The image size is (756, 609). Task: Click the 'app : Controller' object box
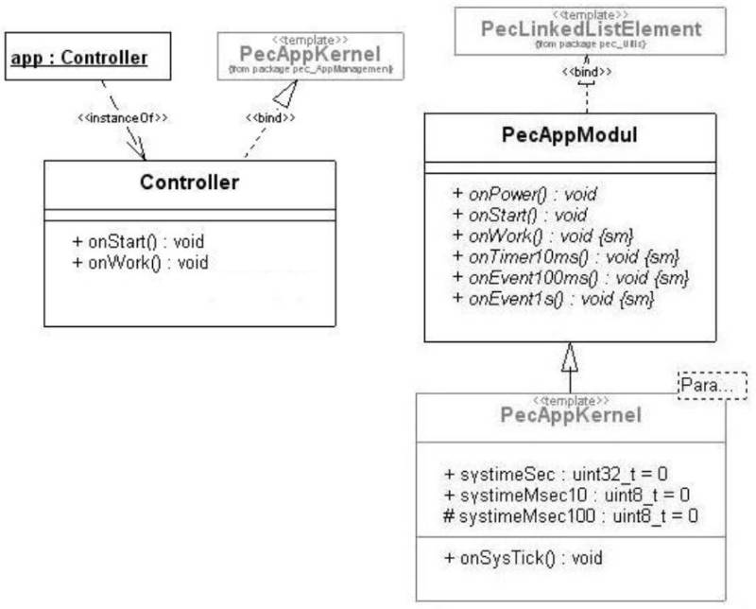(80, 59)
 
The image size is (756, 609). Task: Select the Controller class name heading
(189, 183)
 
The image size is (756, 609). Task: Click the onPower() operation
(524, 194)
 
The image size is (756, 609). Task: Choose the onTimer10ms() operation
(566, 256)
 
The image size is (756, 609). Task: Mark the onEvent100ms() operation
(571, 277)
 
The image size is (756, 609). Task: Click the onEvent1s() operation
(554, 299)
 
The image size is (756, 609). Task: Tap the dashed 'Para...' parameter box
(712, 385)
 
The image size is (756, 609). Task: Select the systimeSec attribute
(556, 473)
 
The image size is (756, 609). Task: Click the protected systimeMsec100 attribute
(570, 515)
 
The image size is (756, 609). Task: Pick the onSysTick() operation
(522, 558)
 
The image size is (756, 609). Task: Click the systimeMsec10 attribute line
(565, 494)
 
